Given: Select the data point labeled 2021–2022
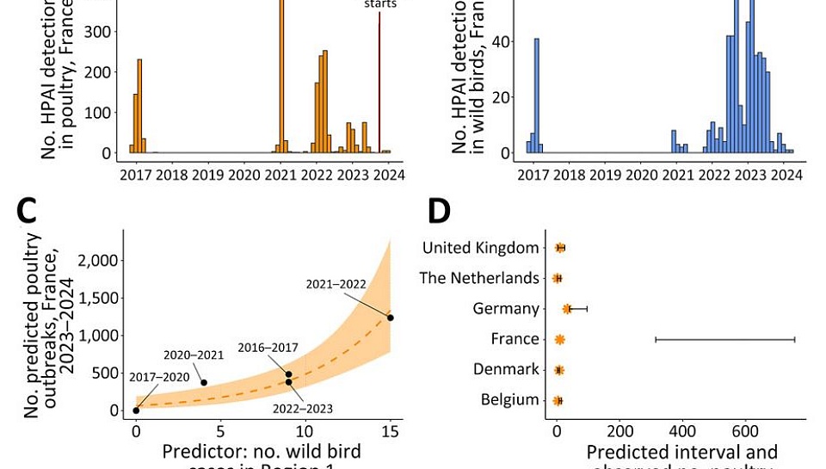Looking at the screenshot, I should pyautogui.click(x=390, y=318).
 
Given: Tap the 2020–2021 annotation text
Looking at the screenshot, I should pyautogui.click(x=194, y=355).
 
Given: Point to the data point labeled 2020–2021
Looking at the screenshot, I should pyautogui.click(x=204, y=383).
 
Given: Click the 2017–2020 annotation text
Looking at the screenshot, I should pyautogui.click(x=158, y=377).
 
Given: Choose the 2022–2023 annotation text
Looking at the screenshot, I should pyautogui.click(x=303, y=409).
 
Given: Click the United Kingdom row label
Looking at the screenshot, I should pyautogui.click(x=480, y=248).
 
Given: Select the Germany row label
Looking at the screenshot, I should pyautogui.click(x=506, y=309).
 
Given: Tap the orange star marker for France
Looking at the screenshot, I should pyautogui.click(x=559, y=340).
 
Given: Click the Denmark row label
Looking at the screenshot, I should pyautogui.click(x=506, y=370).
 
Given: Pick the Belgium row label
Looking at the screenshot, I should pyautogui.click(x=510, y=400).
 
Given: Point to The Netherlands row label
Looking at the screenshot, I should pyautogui.click(x=478, y=278).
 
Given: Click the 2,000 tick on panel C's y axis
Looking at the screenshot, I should pyautogui.click(x=96, y=261).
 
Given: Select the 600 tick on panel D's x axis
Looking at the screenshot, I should pyautogui.click(x=745, y=431).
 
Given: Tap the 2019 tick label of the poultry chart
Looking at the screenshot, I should pyautogui.click(x=207, y=176).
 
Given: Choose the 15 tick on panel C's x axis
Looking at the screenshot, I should pyautogui.click(x=391, y=431).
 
